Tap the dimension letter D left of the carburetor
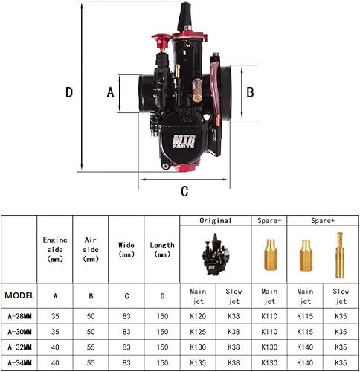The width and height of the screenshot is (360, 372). pos(68,93)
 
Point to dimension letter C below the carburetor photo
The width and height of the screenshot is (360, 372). pos(184,190)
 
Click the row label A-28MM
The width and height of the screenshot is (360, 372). pos(19,317)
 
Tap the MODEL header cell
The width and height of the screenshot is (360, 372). pos(19,295)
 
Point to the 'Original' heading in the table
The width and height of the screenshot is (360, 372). pos(216,221)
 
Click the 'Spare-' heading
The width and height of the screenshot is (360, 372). pos(269,221)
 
